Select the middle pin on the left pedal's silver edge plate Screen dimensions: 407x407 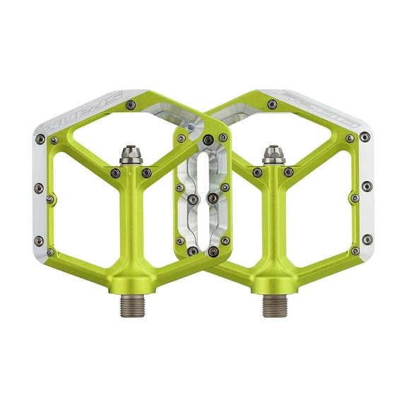coord(40,187)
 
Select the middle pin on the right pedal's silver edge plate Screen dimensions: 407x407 coord(366,187)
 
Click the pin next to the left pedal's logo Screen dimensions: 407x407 coord(129,105)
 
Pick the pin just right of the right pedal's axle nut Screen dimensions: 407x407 coord(289,172)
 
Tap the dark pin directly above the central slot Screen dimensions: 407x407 coord(207,140)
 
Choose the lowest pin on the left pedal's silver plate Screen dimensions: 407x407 coord(49,251)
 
